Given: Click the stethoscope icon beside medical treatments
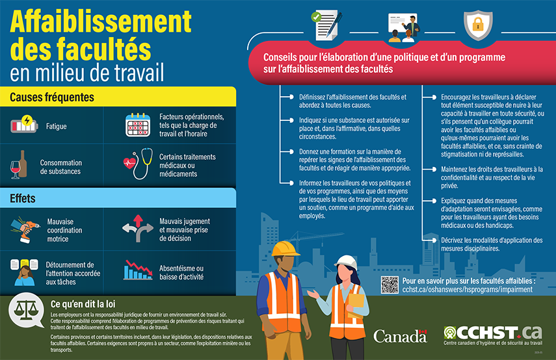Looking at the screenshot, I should click(137, 165).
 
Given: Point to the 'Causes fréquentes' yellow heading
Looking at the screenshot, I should click(52, 97).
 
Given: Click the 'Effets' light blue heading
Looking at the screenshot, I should click(23, 198).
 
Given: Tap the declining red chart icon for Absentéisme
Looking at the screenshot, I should click(138, 268).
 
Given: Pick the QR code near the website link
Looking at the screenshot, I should click(389, 284).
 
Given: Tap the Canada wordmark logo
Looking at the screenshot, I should click(399, 336).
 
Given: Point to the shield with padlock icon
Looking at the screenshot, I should click(477, 24).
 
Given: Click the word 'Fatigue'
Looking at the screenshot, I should click(56, 127).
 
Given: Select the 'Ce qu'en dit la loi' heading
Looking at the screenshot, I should click(88, 304).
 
